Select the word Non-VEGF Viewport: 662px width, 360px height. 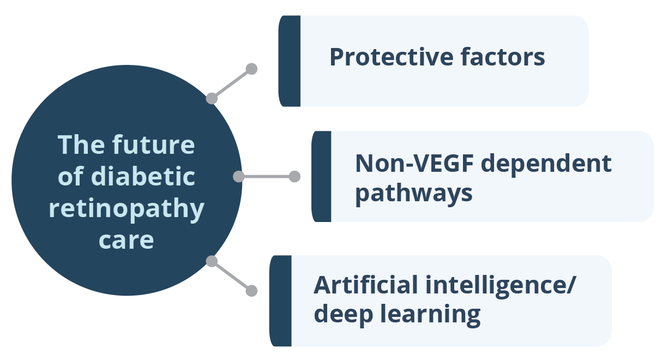tap(414, 163)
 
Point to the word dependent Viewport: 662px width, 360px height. tap(546, 164)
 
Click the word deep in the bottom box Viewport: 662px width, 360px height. tap(344, 315)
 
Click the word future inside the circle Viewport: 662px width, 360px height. tap(153, 145)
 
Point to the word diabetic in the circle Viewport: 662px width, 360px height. tap(143, 176)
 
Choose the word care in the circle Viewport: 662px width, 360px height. tap(126, 241)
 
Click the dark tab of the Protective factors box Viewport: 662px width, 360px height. tap(290, 61)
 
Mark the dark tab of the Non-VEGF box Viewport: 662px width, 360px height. tap(322, 176)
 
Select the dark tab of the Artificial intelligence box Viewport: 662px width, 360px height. tap(280, 301)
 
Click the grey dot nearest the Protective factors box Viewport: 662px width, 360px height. tap(251, 69)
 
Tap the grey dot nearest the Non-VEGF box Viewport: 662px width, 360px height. tap(294, 176)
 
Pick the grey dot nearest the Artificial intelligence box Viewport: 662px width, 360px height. tap(251, 291)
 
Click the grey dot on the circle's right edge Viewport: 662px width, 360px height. tap(239, 176)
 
